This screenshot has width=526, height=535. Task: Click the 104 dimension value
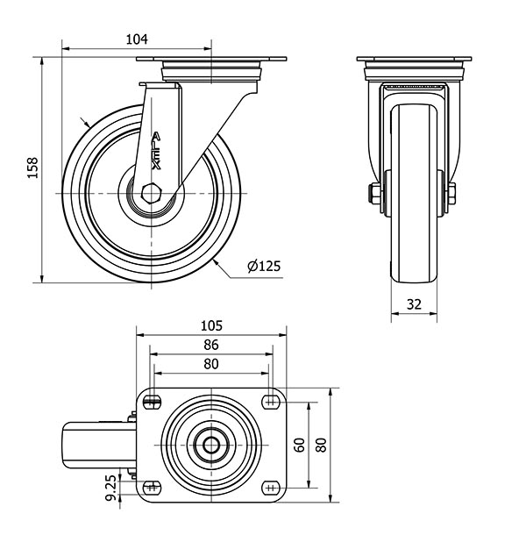tap(137, 39)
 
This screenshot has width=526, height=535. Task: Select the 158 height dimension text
tap(32, 168)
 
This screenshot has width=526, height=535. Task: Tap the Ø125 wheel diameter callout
tap(264, 266)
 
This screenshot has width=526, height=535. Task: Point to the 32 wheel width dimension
tap(414, 304)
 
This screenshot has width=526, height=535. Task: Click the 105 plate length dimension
tap(211, 326)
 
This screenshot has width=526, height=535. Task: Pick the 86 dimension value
tap(211, 345)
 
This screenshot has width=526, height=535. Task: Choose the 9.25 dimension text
tap(110, 488)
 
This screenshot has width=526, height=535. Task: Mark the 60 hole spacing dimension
tap(300, 445)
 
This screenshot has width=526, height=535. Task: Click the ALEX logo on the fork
tap(156, 151)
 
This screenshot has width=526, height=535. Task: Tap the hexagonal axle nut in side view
tap(150, 194)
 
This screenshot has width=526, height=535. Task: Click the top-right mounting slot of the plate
tap(271, 403)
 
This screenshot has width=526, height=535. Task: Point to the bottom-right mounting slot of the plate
tap(271, 488)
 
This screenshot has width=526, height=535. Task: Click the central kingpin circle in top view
tap(211, 445)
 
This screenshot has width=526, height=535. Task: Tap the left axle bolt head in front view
tap(374, 194)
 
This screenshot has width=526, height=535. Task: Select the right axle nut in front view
tap(451, 194)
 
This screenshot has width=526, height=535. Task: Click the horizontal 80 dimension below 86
tap(211, 364)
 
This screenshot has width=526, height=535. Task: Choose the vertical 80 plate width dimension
tap(322, 445)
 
